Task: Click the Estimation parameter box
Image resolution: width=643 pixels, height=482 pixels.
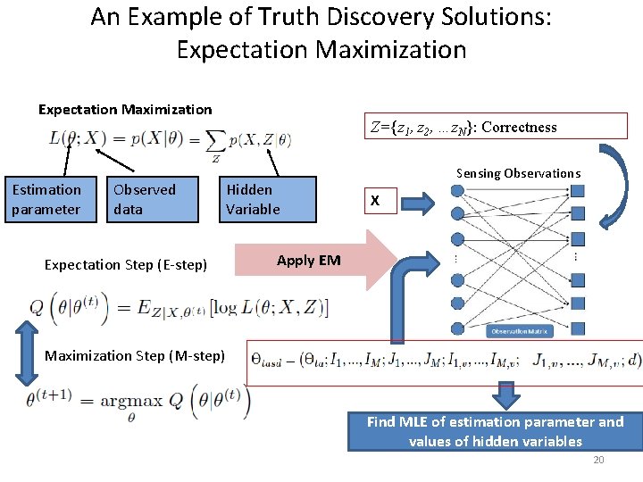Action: pyautogui.click(x=46, y=199)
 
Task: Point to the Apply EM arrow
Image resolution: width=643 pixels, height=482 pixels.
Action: pyautogui.click(x=313, y=261)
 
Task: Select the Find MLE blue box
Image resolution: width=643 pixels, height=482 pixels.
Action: pyautogui.click(x=495, y=431)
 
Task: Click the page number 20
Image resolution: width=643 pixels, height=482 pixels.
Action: pyautogui.click(x=598, y=460)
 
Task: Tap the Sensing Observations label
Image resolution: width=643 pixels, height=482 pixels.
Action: pyautogui.click(x=518, y=173)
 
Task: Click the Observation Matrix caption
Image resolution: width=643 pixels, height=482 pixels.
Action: pyautogui.click(x=519, y=331)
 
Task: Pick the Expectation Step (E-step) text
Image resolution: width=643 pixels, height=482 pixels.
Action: pyautogui.click(x=125, y=264)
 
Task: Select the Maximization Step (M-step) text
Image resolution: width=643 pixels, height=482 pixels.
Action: pyautogui.click(x=134, y=356)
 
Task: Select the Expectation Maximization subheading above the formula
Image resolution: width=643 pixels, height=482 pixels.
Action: pyautogui.click(x=125, y=110)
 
